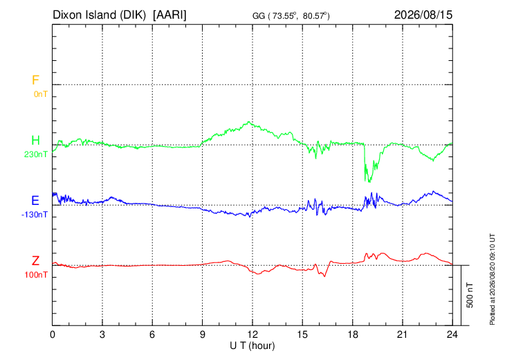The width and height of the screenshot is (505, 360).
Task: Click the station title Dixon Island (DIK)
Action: [99, 15]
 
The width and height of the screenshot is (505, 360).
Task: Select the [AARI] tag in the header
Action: [169, 15]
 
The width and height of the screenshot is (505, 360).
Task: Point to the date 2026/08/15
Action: [423, 15]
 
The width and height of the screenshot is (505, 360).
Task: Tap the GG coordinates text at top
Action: [291, 16]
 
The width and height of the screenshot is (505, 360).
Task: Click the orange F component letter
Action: [35, 80]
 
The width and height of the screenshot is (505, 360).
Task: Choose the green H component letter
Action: [35, 141]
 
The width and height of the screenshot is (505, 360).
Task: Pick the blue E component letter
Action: [35, 201]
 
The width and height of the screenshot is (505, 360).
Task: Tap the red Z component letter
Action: [35, 261]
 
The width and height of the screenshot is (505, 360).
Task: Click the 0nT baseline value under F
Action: [41, 94]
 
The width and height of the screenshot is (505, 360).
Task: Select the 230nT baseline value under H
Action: [36, 154]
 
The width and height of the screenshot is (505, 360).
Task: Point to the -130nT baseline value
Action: [35, 215]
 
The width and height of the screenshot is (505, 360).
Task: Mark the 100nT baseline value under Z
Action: [36, 275]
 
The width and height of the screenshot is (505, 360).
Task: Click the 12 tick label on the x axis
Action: [252, 335]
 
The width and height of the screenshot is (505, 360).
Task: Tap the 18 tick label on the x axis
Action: [353, 335]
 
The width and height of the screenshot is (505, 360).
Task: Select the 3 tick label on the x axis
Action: [102, 335]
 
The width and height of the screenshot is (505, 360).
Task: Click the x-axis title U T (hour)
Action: [252, 346]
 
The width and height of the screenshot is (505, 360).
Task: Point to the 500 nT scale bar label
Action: [470, 295]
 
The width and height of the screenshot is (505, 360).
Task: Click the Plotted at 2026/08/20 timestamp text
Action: [492, 279]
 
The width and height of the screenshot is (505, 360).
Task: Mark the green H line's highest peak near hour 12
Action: [248, 122]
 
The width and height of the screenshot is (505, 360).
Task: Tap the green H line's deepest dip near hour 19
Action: [369, 182]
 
